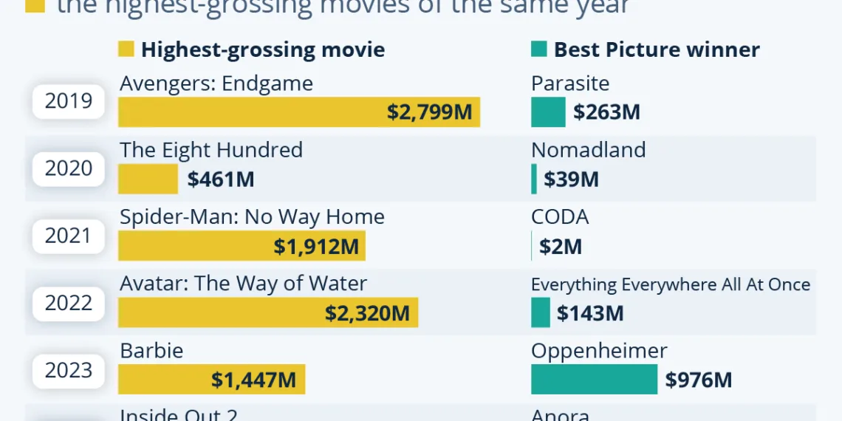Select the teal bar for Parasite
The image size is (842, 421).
tap(548, 112)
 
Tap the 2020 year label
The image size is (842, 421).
tap(69, 168)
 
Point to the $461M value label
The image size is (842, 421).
tap(221, 179)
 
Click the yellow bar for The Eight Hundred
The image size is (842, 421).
tap(148, 179)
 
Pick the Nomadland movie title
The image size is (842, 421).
tap(588, 150)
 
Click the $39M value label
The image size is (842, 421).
tap(571, 179)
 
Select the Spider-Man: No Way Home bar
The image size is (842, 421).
tap(242, 246)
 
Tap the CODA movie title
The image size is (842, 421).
tap(560, 217)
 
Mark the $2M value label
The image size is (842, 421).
tap(561, 247)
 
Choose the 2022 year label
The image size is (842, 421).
tap(69, 303)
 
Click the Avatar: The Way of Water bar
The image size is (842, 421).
tap(268, 313)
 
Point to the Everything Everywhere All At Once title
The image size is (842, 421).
tap(670, 285)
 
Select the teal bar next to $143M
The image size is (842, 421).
tap(541, 313)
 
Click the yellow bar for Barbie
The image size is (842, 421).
tap(211, 380)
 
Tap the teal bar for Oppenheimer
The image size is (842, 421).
tap(594, 380)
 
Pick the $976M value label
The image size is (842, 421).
tap(698, 380)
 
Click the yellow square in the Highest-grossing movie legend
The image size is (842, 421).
tap(126, 49)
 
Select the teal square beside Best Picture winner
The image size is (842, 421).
tap(539, 49)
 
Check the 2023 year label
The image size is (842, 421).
tap(69, 370)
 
